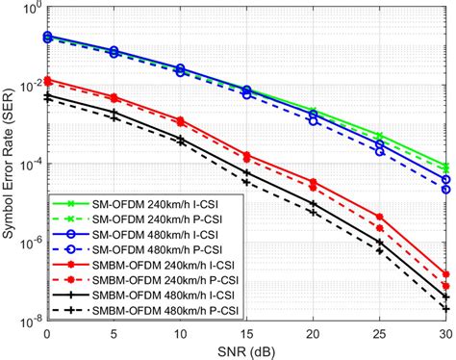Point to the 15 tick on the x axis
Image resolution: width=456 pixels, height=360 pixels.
click(x=246, y=330)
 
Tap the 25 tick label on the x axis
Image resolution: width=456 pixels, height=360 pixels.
click(x=379, y=330)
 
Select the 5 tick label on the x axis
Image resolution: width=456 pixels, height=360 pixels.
click(x=114, y=330)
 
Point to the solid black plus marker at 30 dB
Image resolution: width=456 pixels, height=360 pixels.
click(x=445, y=296)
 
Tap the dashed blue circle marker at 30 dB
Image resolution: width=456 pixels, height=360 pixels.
click(x=445, y=179)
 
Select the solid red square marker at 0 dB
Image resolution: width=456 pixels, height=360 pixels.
click(x=47, y=81)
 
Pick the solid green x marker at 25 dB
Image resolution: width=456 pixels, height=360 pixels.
click(x=379, y=136)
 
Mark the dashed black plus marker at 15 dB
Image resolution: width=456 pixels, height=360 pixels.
click(x=246, y=180)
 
